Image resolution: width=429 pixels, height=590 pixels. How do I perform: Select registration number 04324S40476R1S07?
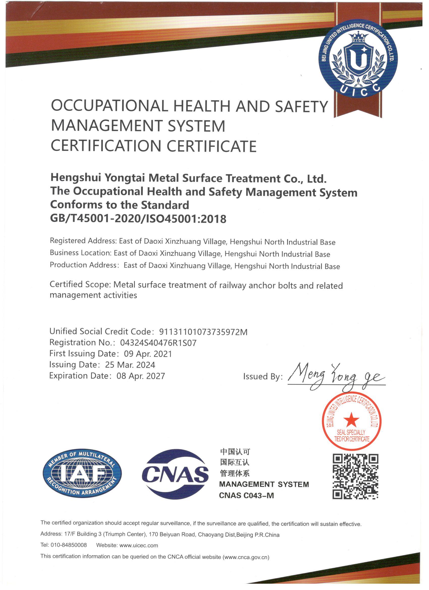(158, 343)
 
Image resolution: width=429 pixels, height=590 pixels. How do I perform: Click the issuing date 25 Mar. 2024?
(130, 365)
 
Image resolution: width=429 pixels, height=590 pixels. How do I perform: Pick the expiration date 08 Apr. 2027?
(141, 376)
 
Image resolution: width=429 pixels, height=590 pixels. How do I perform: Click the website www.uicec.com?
(139, 545)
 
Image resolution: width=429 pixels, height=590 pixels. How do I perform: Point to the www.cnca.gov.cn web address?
(246, 557)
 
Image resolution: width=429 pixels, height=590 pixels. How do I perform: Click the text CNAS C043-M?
(246, 495)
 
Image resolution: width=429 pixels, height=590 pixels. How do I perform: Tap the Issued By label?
(263, 377)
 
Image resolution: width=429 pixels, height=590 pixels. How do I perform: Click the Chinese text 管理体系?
(235, 473)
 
